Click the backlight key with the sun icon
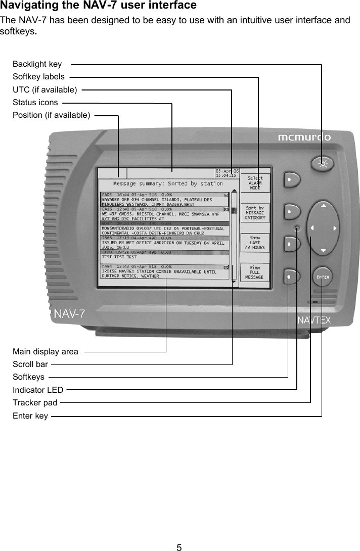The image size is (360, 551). pyautogui.click(x=323, y=163)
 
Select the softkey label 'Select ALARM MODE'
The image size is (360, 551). pyautogui.click(x=255, y=183)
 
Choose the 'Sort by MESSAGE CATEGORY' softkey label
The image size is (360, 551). pyautogui.click(x=255, y=213)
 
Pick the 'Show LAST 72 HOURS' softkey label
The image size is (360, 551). pyautogui.click(x=255, y=243)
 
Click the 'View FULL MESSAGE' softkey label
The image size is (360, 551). pyautogui.click(x=255, y=272)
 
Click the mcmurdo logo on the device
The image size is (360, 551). pyautogui.click(x=304, y=137)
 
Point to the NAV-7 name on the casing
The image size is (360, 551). pyautogui.click(x=70, y=314)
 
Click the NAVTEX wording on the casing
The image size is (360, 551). pyautogui.click(x=313, y=319)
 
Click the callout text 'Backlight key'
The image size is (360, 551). pyautogui.click(x=37, y=64)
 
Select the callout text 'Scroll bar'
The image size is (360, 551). pyautogui.click(x=30, y=364)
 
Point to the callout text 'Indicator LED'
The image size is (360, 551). pyautogui.click(x=38, y=390)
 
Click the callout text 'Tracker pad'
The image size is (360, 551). pyautogui.click(x=35, y=403)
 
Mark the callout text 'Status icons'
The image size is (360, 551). pyautogui.click(x=35, y=103)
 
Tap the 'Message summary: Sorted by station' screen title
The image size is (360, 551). pyautogui.click(x=168, y=183)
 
